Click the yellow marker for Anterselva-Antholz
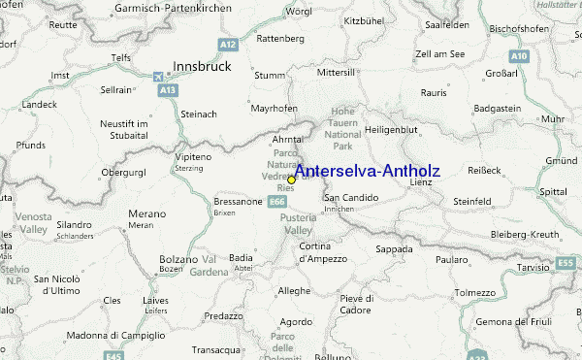pyautogui.click(x=291, y=180)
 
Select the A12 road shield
pyautogui.click(x=228, y=45)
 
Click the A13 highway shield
pyautogui.click(x=168, y=89)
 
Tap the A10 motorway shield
pyautogui.click(x=519, y=56)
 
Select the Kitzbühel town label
pyautogui.click(x=366, y=19)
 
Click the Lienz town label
pyautogui.click(x=421, y=181)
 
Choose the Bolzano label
pyautogui.click(x=178, y=260)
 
